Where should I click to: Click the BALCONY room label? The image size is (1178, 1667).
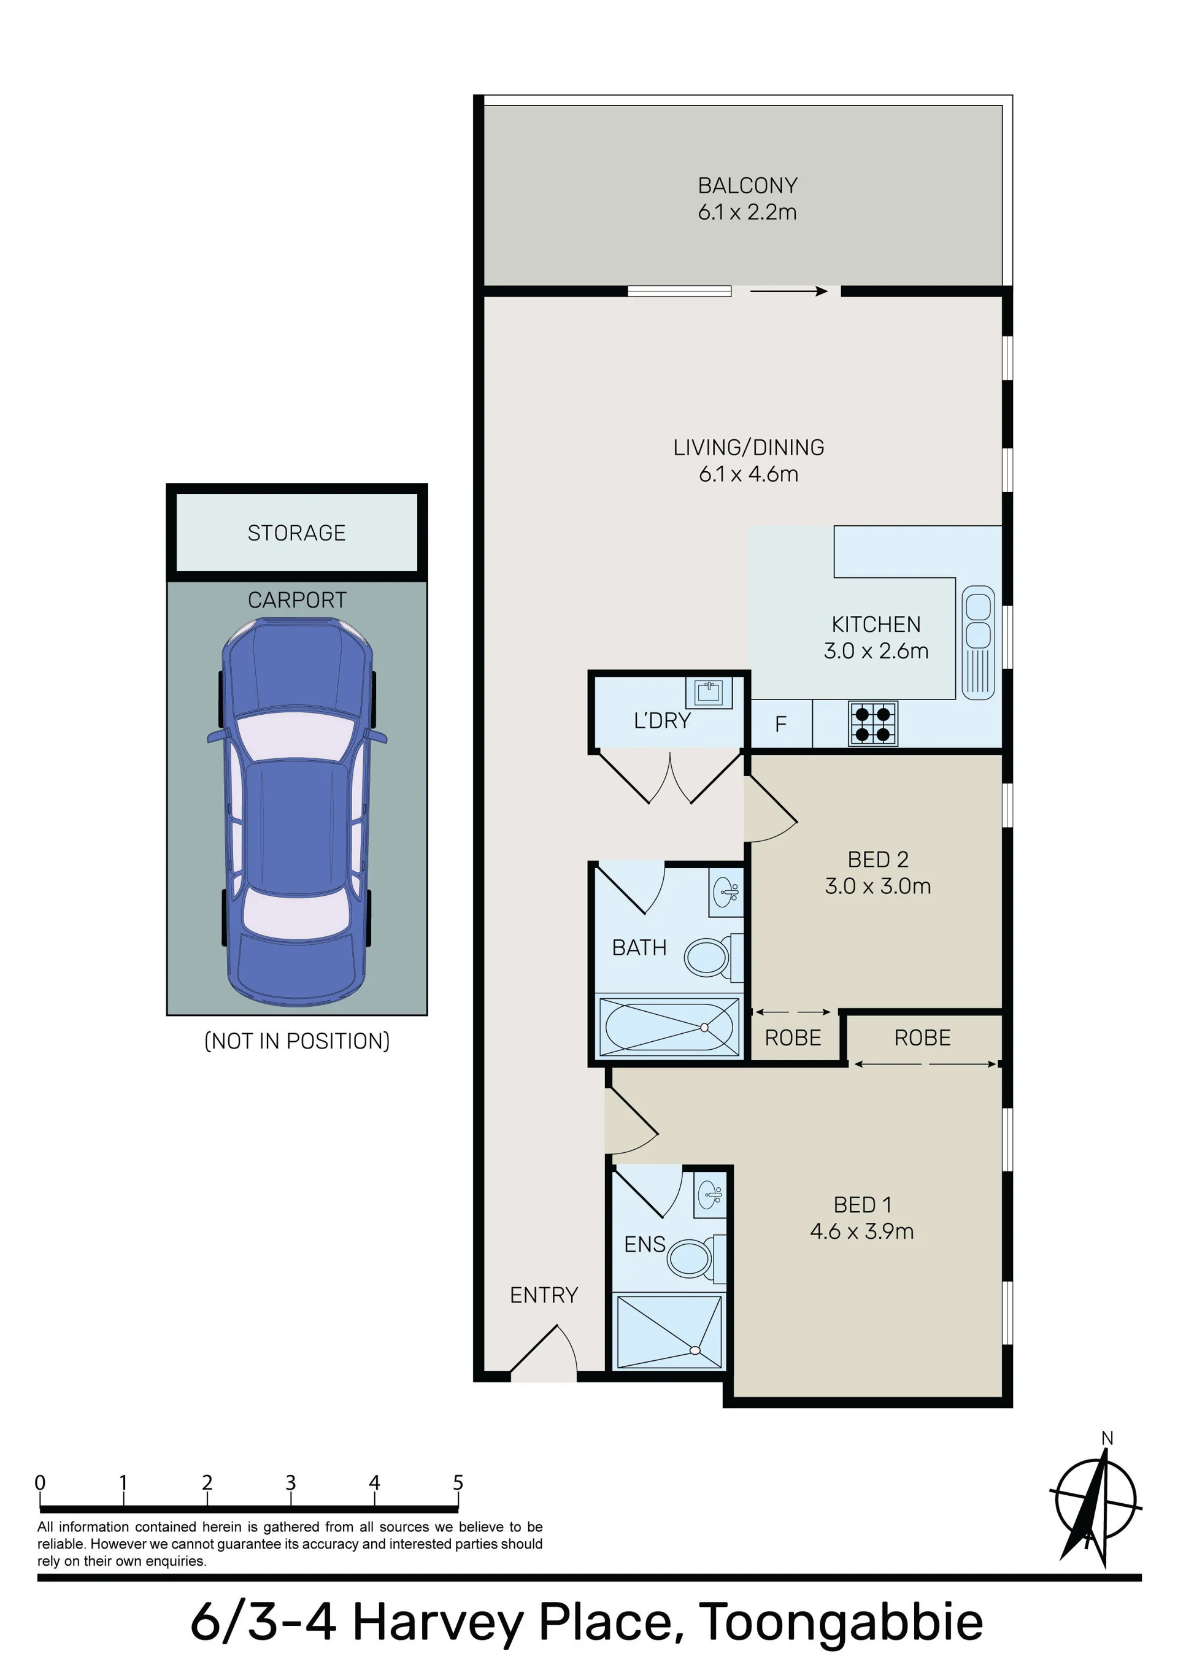(x=747, y=186)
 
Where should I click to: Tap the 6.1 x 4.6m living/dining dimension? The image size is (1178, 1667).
(x=748, y=474)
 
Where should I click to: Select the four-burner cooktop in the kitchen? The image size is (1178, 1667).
(x=873, y=723)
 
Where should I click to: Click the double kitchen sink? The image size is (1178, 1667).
(x=977, y=642)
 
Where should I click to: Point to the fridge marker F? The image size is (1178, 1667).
(x=781, y=724)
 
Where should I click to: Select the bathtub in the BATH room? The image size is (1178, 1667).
(x=668, y=1026)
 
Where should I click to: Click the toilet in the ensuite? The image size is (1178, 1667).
(x=696, y=1256)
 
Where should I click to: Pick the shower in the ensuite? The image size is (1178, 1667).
(x=669, y=1331)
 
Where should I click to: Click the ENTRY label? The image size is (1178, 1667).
(x=544, y=1295)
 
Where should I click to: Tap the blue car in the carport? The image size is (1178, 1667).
(x=297, y=812)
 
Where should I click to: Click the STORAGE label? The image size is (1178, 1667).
(x=296, y=533)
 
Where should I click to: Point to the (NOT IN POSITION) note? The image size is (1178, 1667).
(x=297, y=1041)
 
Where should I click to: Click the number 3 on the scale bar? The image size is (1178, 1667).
(x=290, y=1482)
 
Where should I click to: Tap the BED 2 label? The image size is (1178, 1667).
(x=878, y=860)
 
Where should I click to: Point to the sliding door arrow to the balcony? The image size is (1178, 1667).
(x=789, y=291)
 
